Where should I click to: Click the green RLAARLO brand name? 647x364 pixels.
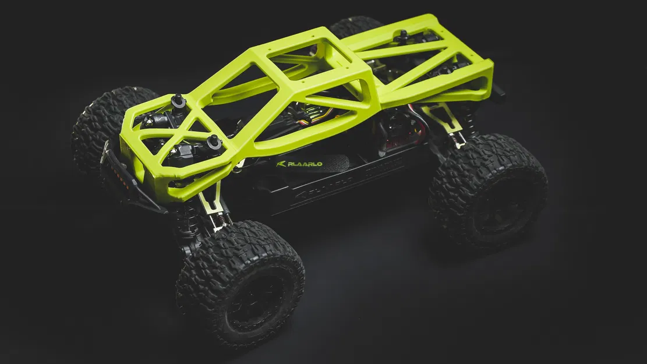pyautogui.click(x=303, y=164)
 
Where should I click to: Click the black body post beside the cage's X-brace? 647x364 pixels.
pyautogui.click(x=214, y=142)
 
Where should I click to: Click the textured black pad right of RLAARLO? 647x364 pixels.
pyautogui.click(x=332, y=164)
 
